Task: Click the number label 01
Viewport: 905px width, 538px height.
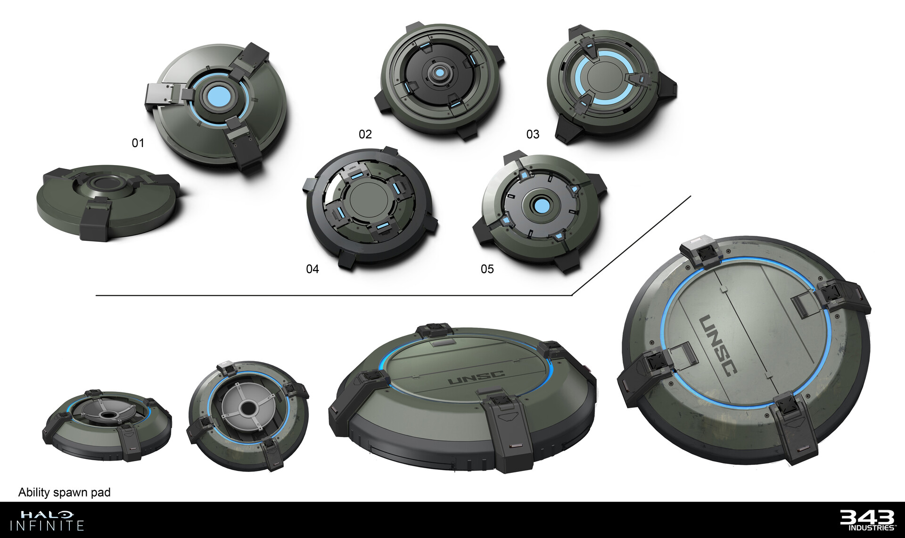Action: pyautogui.click(x=138, y=142)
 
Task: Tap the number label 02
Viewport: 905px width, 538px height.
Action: pyautogui.click(x=365, y=134)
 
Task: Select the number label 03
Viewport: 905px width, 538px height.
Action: pyautogui.click(x=533, y=134)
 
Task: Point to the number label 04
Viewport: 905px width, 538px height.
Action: pyautogui.click(x=313, y=269)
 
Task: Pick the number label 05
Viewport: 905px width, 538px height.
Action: pyautogui.click(x=487, y=269)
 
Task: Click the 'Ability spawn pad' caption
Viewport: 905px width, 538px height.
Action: pyautogui.click(x=65, y=492)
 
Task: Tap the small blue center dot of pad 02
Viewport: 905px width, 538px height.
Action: pyautogui.click(x=439, y=73)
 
